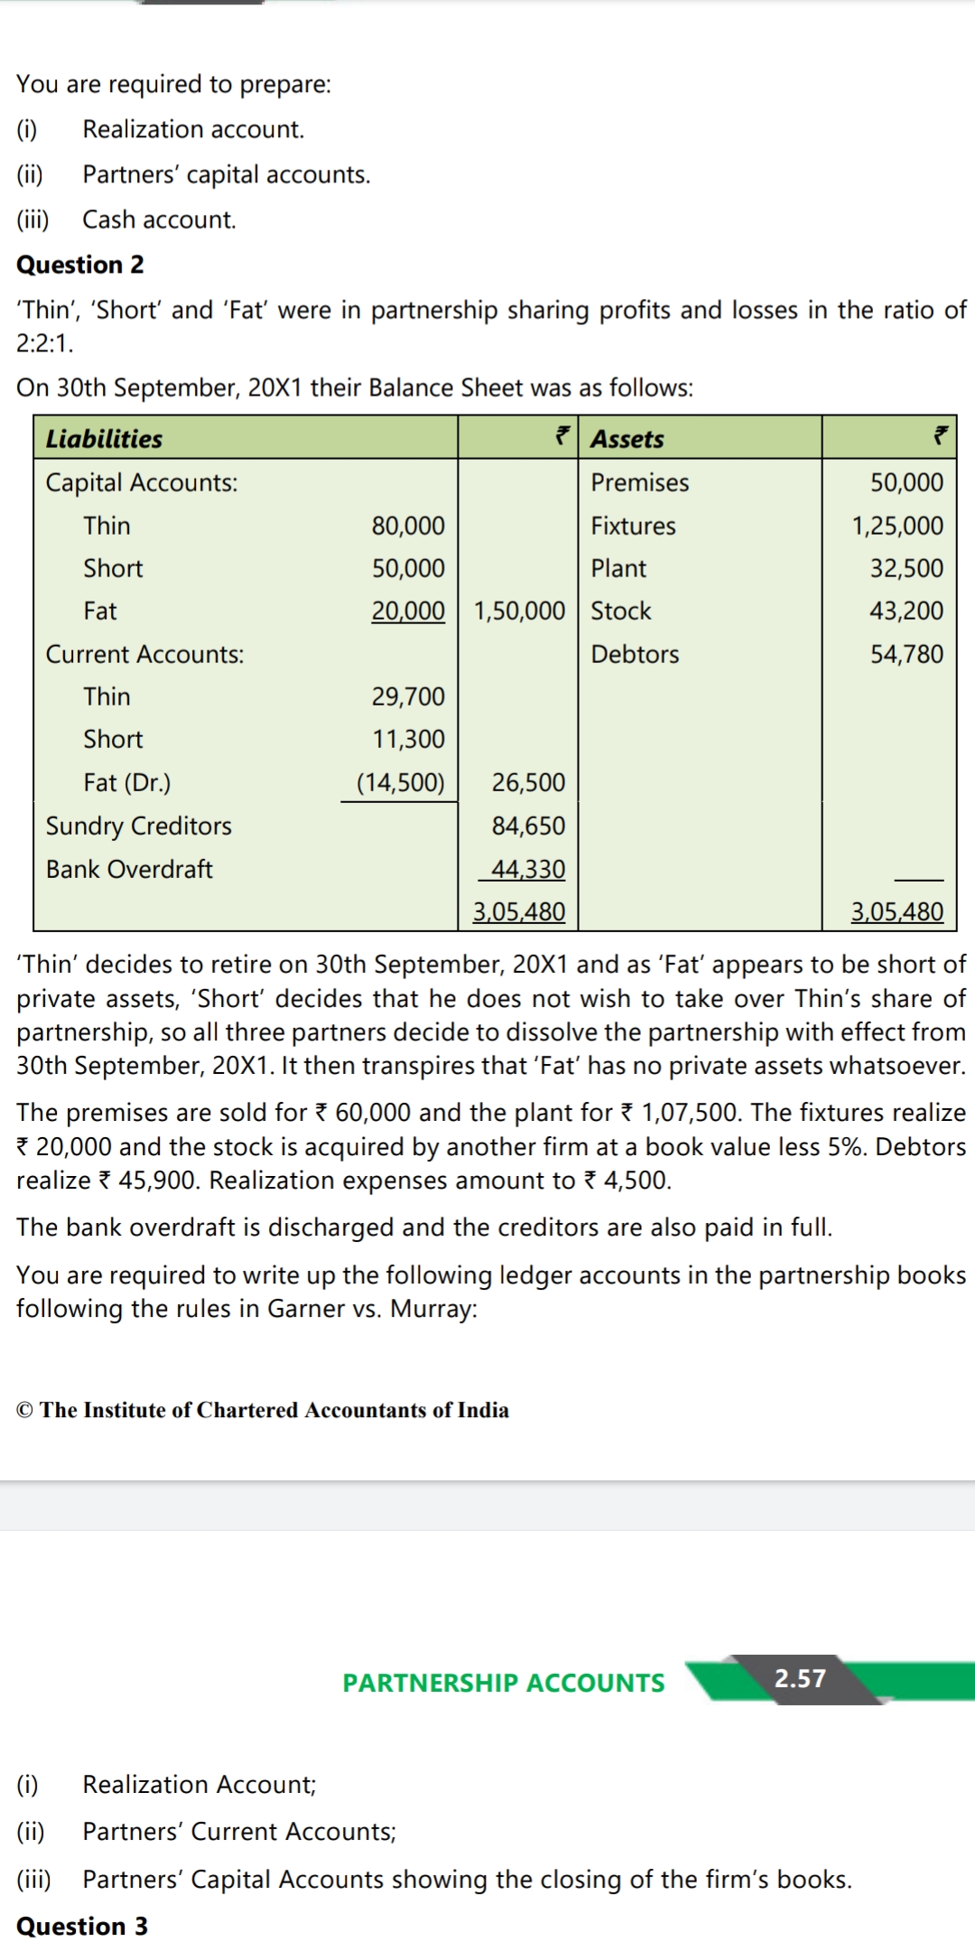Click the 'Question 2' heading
[x=80, y=265]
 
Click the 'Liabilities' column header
[x=104, y=439]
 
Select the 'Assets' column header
[x=627, y=439]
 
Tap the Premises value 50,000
[x=906, y=482]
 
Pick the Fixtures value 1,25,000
[x=897, y=526]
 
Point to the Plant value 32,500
[x=906, y=568]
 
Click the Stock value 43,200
[x=906, y=611]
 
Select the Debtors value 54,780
[x=906, y=654]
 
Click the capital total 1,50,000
[x=519, y=611]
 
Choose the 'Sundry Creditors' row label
[x=139, y=826]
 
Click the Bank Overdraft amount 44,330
[x=528, y=869]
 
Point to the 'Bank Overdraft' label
[x=129, y=869]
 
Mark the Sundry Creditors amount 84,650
[x=528, y=826]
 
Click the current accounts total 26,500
[x=528, y=782]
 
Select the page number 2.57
[x=800, y=1678]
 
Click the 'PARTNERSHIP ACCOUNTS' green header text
[x=504, y=1683]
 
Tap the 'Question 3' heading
[x=82, y=1927]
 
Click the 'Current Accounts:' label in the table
[x=144, y=654]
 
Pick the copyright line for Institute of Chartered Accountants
[x=263, y=1410]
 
